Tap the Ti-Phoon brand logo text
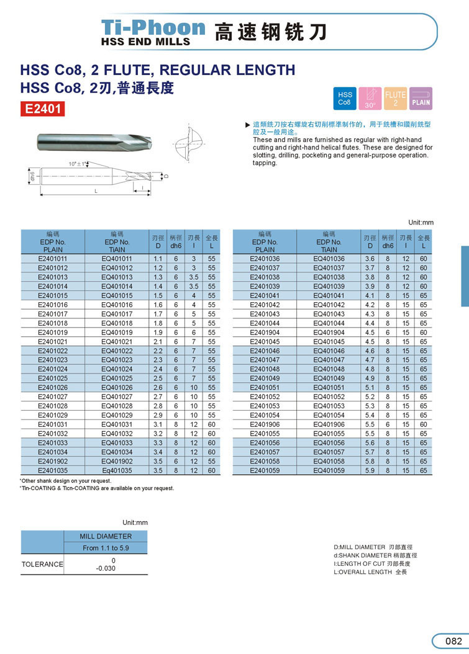pos(153,27)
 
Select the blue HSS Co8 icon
pos(345,98)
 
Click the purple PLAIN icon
pos(421,98)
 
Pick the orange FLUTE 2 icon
pos(396,98)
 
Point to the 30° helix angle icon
pos(370,98)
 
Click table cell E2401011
pos(53,259)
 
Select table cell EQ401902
pos(117,462)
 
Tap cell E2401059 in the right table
pos(265,471)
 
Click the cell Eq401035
pos(117,471)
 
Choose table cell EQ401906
pos(329,424)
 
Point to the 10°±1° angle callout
pos(78,164)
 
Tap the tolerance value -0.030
pos(106,568)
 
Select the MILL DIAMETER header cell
pos(106,536)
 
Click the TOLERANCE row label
pos(42,564)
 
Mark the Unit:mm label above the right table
pos(421,222)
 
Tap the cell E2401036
pos(265,259)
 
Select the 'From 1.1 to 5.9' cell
pos(106,549)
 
